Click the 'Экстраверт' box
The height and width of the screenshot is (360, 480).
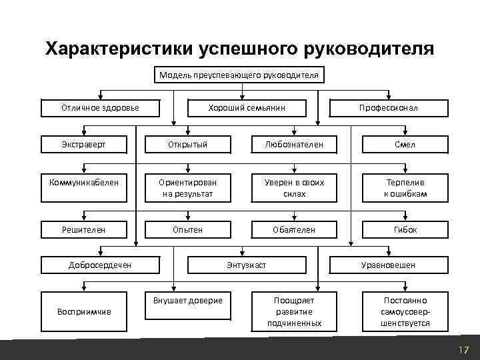click(83, 144)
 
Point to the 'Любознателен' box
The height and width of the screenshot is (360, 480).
click(294, 144)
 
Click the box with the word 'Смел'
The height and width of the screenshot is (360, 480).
click(405, 144)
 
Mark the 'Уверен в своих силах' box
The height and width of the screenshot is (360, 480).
click(294, 187)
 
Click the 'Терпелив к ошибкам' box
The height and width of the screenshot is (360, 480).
click(405, 187)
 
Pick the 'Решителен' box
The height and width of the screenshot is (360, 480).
click(83, 229)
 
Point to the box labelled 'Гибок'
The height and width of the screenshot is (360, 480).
click(405, 229)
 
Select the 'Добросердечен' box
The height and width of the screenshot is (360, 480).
click(100, 265)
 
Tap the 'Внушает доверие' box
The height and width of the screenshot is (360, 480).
click(188, 311)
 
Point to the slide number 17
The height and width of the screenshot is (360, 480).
click(463, 350)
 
